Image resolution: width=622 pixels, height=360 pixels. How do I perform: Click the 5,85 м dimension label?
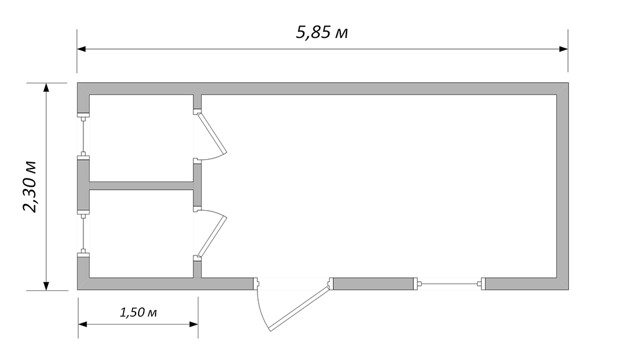tap(322, 32)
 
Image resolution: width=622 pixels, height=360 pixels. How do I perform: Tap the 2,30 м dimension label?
tap(30, 187)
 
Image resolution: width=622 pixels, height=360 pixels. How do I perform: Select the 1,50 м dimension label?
tap(139, 312)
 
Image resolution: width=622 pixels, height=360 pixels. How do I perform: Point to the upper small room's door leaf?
tap(212, 133)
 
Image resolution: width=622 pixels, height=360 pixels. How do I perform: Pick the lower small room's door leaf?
tap(212, 236)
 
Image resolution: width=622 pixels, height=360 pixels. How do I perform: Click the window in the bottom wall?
tap(450, 284)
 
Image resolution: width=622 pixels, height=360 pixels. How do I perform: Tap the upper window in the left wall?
tap(83, 136)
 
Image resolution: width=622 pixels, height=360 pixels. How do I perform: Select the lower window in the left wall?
tap(83, 234)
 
